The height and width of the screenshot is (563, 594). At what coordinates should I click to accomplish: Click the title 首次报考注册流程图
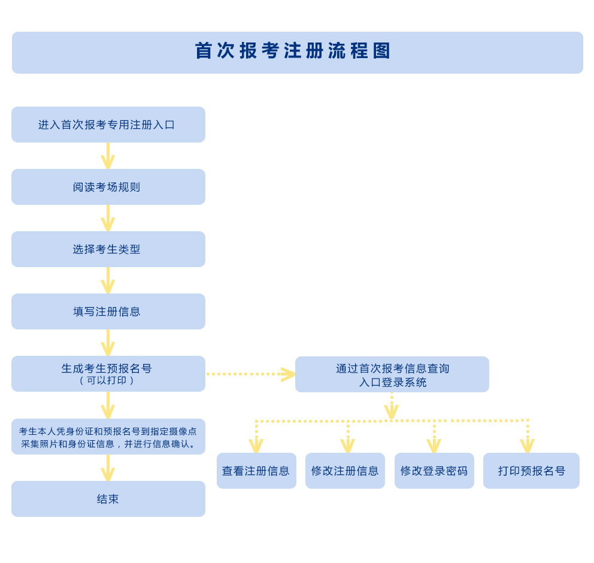tap(293, 51)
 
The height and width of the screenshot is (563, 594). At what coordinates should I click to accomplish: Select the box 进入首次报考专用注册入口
tap(108, 125)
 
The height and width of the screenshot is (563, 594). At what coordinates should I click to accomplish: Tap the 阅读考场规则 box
tap(108, 187)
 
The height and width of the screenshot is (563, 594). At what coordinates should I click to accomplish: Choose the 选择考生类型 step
tap(108, 249)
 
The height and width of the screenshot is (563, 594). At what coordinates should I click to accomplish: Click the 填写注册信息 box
tap(108, 311)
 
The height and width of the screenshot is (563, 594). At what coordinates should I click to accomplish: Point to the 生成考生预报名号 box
tap(108, 368)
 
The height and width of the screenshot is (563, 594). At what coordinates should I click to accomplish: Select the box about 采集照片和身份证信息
tap(108, 437)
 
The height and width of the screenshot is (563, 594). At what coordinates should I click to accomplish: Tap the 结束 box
tap(108, 499)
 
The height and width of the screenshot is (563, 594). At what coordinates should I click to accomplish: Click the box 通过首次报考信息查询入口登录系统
tap(392, 374)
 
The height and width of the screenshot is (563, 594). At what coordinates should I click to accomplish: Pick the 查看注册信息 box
tap(256, 471)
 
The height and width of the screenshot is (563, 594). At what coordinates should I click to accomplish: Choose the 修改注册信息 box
tap(345, 471)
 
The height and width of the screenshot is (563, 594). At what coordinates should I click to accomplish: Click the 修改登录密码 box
tap(434, 471)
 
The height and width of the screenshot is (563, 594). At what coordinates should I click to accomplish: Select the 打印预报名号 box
tap(531, 471)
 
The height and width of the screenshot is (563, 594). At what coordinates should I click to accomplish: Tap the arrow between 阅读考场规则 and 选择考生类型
tap(108, 219)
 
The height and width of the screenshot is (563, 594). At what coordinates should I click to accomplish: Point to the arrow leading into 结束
tap(108, 468)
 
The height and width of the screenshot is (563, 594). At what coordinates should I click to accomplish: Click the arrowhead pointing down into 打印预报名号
tap(528, 446)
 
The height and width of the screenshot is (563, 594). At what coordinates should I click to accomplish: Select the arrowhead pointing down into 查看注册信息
tap(256, 446)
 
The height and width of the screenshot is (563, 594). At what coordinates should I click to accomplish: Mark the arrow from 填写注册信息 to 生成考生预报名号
tap(108, 343)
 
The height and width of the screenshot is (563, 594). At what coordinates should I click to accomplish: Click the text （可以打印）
tap(107, 380)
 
